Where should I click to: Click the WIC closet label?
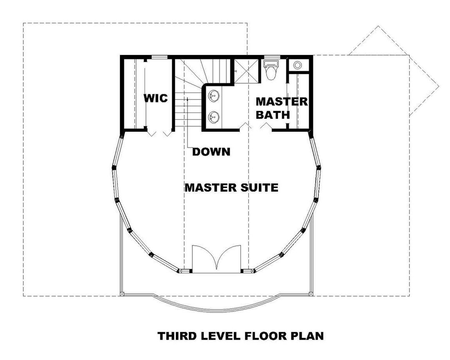pyautogui.click(x=156, y=99)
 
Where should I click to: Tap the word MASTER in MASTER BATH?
pyautogui.click(x=281, y=102)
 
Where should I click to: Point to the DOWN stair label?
pyautogui.click(x=211, y=152)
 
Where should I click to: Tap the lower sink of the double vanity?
pyautogui.click(x=213, y=117)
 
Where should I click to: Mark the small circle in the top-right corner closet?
pyautogui.click(x=298, y=65)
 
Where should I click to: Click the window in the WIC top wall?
pyautogui.click(x=159, y=57)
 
